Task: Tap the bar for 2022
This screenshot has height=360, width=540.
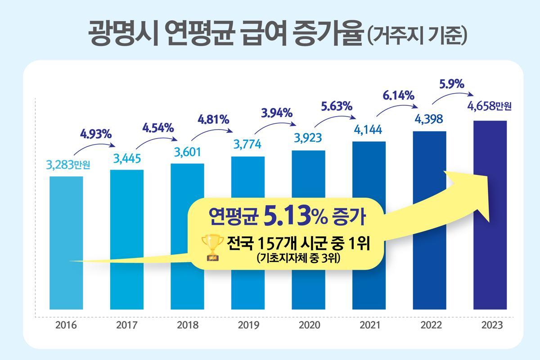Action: pyautogui.click(x=429, y=220)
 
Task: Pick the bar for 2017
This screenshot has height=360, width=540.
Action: pyautogui.click(x=127, y=238)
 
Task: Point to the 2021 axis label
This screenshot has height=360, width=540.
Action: pyautogui.click(x=369, y=325)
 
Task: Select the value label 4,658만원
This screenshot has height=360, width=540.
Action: pyautogui.click(x=490, y=108)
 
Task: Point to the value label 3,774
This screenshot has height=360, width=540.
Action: pyautogui.click(x=248, y=145)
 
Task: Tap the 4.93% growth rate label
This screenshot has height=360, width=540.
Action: pyautogui.click(x=96, y=134)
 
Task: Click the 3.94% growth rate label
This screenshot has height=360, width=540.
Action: pyautogui.click(x=277, y=111)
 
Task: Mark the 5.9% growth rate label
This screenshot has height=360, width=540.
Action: pyautogui.click(x=451, y=84)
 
